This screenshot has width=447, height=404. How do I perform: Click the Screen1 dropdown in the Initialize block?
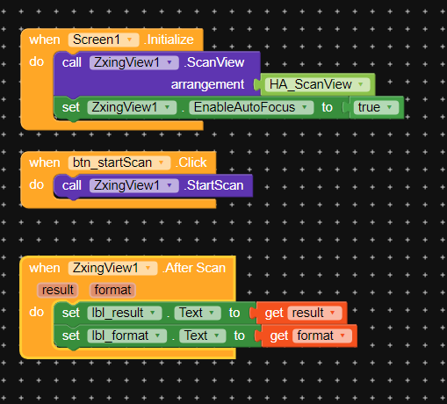click(104, 40)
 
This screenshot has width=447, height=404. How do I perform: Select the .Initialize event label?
click(169, 40)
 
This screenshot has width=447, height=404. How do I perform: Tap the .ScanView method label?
click(214, 62)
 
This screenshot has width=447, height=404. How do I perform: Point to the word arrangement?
click(207, 84)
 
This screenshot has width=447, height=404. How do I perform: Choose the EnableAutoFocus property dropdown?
click(251, 107)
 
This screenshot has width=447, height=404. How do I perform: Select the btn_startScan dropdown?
click(119, 162)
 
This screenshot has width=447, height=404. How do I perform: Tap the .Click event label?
click(191, 162)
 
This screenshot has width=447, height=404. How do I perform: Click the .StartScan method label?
click(213, 185)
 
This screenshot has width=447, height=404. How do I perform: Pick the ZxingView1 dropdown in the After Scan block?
click(112, 268)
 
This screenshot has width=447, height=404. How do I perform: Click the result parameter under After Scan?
click(58, 290)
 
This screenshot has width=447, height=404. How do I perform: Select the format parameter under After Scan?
click(112, 290)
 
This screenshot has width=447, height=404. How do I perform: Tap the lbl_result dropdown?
click(125, 313)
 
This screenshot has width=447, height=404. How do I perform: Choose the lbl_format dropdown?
click(126, 335)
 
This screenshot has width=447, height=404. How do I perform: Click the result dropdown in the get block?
click(314, 313)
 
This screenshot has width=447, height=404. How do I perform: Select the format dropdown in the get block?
click(322, 335)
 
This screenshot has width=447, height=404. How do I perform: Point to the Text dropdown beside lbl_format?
click(203, 335)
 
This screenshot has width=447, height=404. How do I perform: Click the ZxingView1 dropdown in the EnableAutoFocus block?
click(132, 107)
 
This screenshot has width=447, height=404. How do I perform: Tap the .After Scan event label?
click(194, 268)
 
